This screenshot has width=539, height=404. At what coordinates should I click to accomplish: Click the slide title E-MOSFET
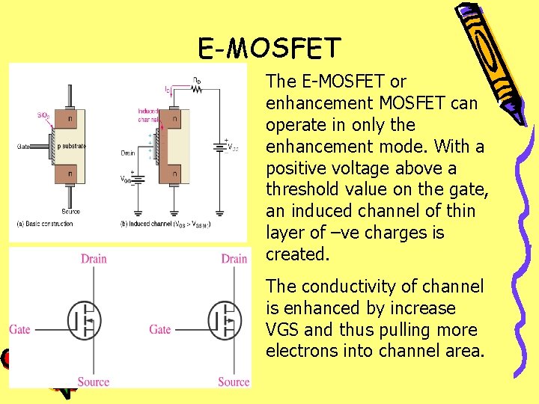coord(269,49)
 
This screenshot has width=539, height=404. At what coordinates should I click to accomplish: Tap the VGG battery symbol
coord(137,178)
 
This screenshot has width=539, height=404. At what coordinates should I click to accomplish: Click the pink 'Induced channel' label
coord(147,114)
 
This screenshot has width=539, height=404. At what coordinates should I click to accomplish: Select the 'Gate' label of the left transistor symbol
coord(20,329)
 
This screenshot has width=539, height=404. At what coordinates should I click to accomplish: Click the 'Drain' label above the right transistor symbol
coord(234,259)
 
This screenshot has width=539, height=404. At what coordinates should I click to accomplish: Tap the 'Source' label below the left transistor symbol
coord(94,382)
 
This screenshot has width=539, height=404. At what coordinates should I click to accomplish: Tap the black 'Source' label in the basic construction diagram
coord(70,211)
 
